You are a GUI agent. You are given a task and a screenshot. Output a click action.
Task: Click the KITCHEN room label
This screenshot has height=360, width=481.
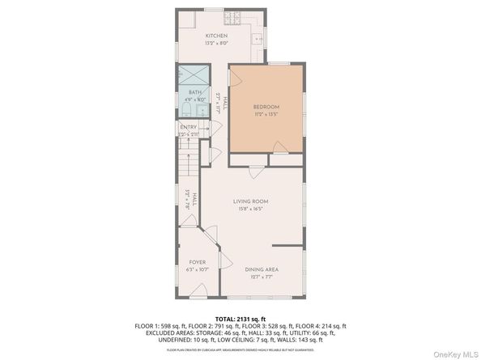point(216,36)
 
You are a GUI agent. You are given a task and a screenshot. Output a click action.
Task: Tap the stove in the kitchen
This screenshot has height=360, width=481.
point(231,17)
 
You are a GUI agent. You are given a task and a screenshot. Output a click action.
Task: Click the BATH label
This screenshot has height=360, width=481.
point(195,92)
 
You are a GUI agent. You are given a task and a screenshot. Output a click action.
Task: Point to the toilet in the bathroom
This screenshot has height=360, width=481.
point(185,109)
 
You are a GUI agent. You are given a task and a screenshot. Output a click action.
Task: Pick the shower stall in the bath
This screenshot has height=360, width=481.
point(194,76)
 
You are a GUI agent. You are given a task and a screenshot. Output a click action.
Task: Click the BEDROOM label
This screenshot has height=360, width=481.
point(266,106)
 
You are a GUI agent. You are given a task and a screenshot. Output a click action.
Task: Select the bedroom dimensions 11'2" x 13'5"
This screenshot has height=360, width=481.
point(266,114)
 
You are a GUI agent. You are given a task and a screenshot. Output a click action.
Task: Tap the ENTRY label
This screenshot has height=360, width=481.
point(189,126)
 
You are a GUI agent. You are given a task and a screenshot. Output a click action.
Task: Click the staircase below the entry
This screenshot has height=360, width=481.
point(189,166)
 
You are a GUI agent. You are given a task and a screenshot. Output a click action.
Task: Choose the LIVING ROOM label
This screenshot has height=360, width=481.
point(251,201)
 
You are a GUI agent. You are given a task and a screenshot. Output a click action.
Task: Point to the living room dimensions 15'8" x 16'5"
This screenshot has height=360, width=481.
point(251,210)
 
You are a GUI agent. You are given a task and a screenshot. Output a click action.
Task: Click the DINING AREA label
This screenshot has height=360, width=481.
point(262,269)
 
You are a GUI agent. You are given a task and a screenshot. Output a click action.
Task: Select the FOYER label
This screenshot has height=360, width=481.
point(198,262)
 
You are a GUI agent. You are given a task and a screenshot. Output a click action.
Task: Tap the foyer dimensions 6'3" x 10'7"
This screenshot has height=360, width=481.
point(198,270)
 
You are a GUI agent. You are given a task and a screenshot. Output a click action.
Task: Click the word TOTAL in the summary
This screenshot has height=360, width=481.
point(225,319)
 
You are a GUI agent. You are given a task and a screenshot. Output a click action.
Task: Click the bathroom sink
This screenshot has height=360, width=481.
point(200,109)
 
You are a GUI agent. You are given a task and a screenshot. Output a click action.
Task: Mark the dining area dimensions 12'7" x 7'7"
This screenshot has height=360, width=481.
point(262,277)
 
